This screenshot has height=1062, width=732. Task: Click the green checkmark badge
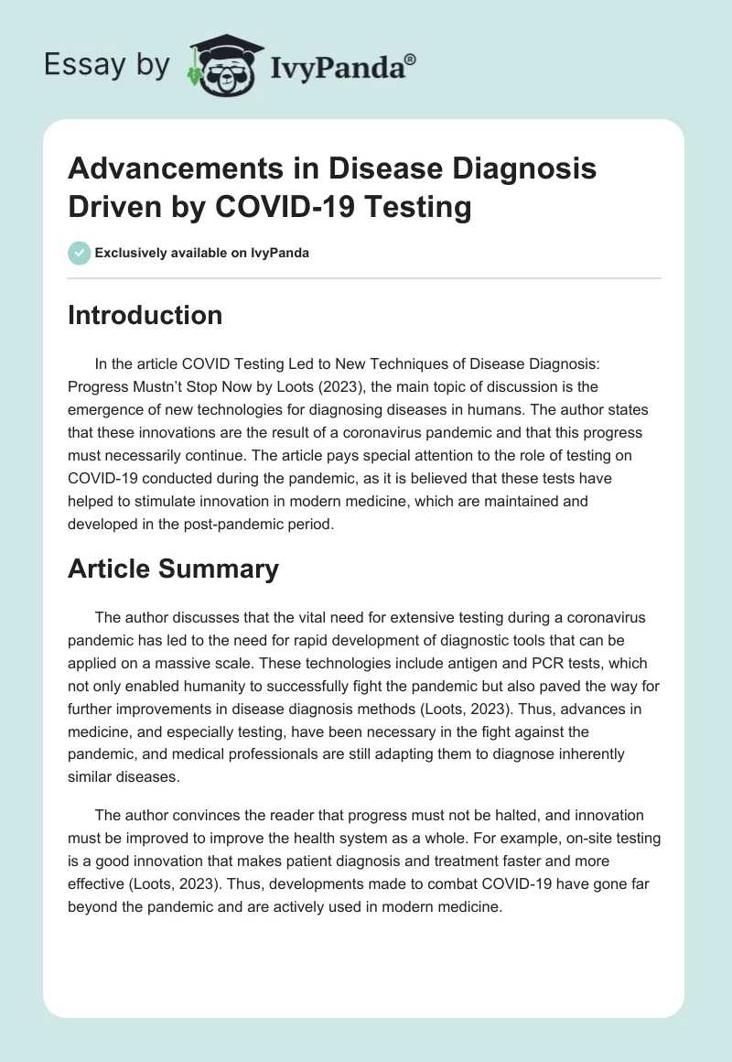[80, 253]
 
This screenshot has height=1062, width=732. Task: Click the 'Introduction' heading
[145, 316]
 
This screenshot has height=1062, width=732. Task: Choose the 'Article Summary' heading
[174, 569]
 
